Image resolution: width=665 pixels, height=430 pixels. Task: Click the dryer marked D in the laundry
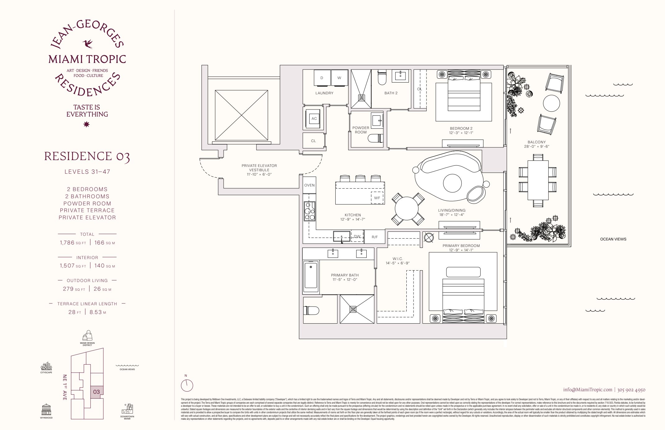coord(322,78)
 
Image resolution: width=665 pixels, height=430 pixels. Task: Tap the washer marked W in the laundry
coord(339,78)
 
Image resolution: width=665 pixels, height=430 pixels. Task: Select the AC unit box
coord(314,119)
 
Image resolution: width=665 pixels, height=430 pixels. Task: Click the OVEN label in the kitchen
coord(309,185)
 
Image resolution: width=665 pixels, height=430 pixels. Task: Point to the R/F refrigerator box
coord(375,237)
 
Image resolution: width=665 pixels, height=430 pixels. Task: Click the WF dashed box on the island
coord(377,198)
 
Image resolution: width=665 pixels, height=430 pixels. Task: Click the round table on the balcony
coord(551,103)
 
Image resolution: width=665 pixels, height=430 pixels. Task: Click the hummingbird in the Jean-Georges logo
coord(88,44)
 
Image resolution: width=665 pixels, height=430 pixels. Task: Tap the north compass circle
coord(187,386)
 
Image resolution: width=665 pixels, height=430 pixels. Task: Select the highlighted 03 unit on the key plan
coord(97,392)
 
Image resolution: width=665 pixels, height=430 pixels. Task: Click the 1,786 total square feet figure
coord(67,243)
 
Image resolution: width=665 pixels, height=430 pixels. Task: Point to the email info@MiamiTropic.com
coord(588,390)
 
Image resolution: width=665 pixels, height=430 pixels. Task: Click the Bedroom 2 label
coord(461,128)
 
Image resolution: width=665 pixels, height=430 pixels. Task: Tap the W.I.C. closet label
coord(398,259)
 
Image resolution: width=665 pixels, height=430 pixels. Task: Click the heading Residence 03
coord(87,156)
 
